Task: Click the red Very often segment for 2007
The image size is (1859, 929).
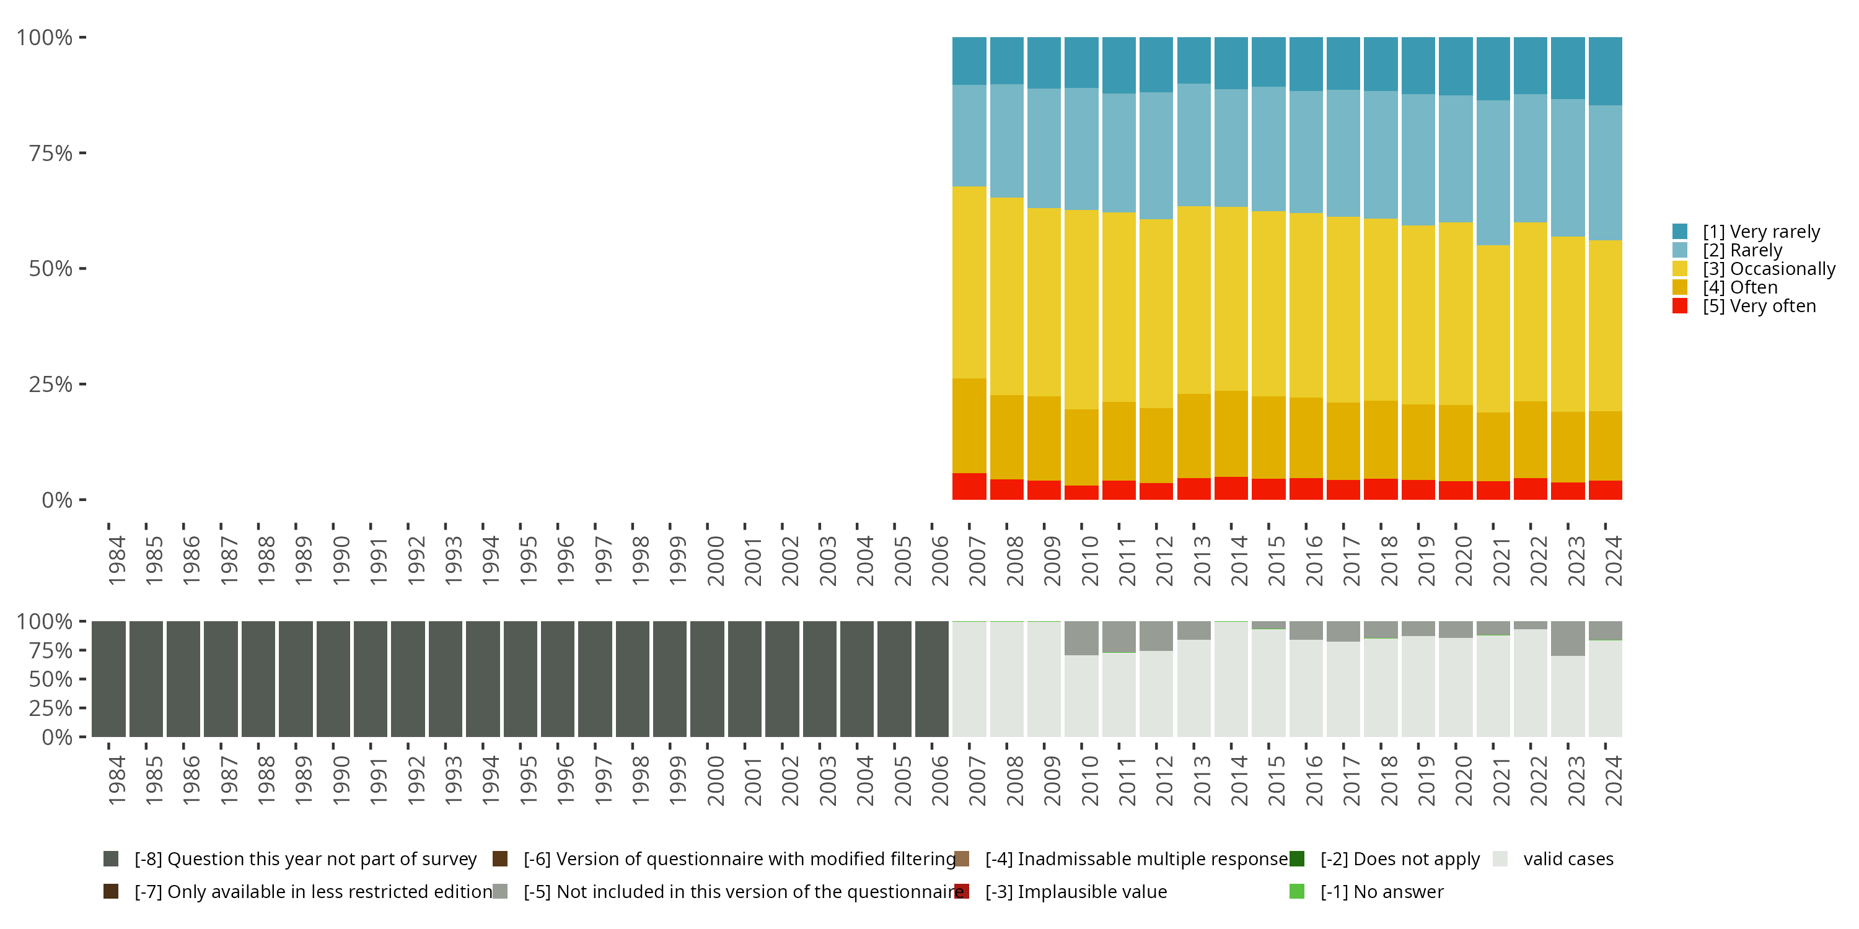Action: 969,486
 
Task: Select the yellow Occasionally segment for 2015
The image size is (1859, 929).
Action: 1268,303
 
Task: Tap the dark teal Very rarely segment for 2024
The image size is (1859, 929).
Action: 1605,71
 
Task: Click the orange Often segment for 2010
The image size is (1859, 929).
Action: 1081,447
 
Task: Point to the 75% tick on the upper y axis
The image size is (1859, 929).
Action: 82,153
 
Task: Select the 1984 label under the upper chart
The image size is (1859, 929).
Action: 116,560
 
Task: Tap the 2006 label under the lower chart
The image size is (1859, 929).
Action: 939,780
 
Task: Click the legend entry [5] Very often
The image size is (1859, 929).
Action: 1759,306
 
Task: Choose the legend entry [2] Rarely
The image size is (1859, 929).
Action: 1741,250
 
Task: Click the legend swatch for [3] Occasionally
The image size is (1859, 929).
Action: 1680,269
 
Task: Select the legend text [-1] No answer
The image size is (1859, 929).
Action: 1381,891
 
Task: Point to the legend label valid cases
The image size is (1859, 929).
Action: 1568,859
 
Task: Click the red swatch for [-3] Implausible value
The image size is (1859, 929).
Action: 962,891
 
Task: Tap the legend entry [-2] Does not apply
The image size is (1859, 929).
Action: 1399,859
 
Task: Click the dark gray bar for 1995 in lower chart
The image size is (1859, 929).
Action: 521,679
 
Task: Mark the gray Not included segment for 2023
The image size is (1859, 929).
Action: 1568,638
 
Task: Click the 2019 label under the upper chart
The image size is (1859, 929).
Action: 1426,560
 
